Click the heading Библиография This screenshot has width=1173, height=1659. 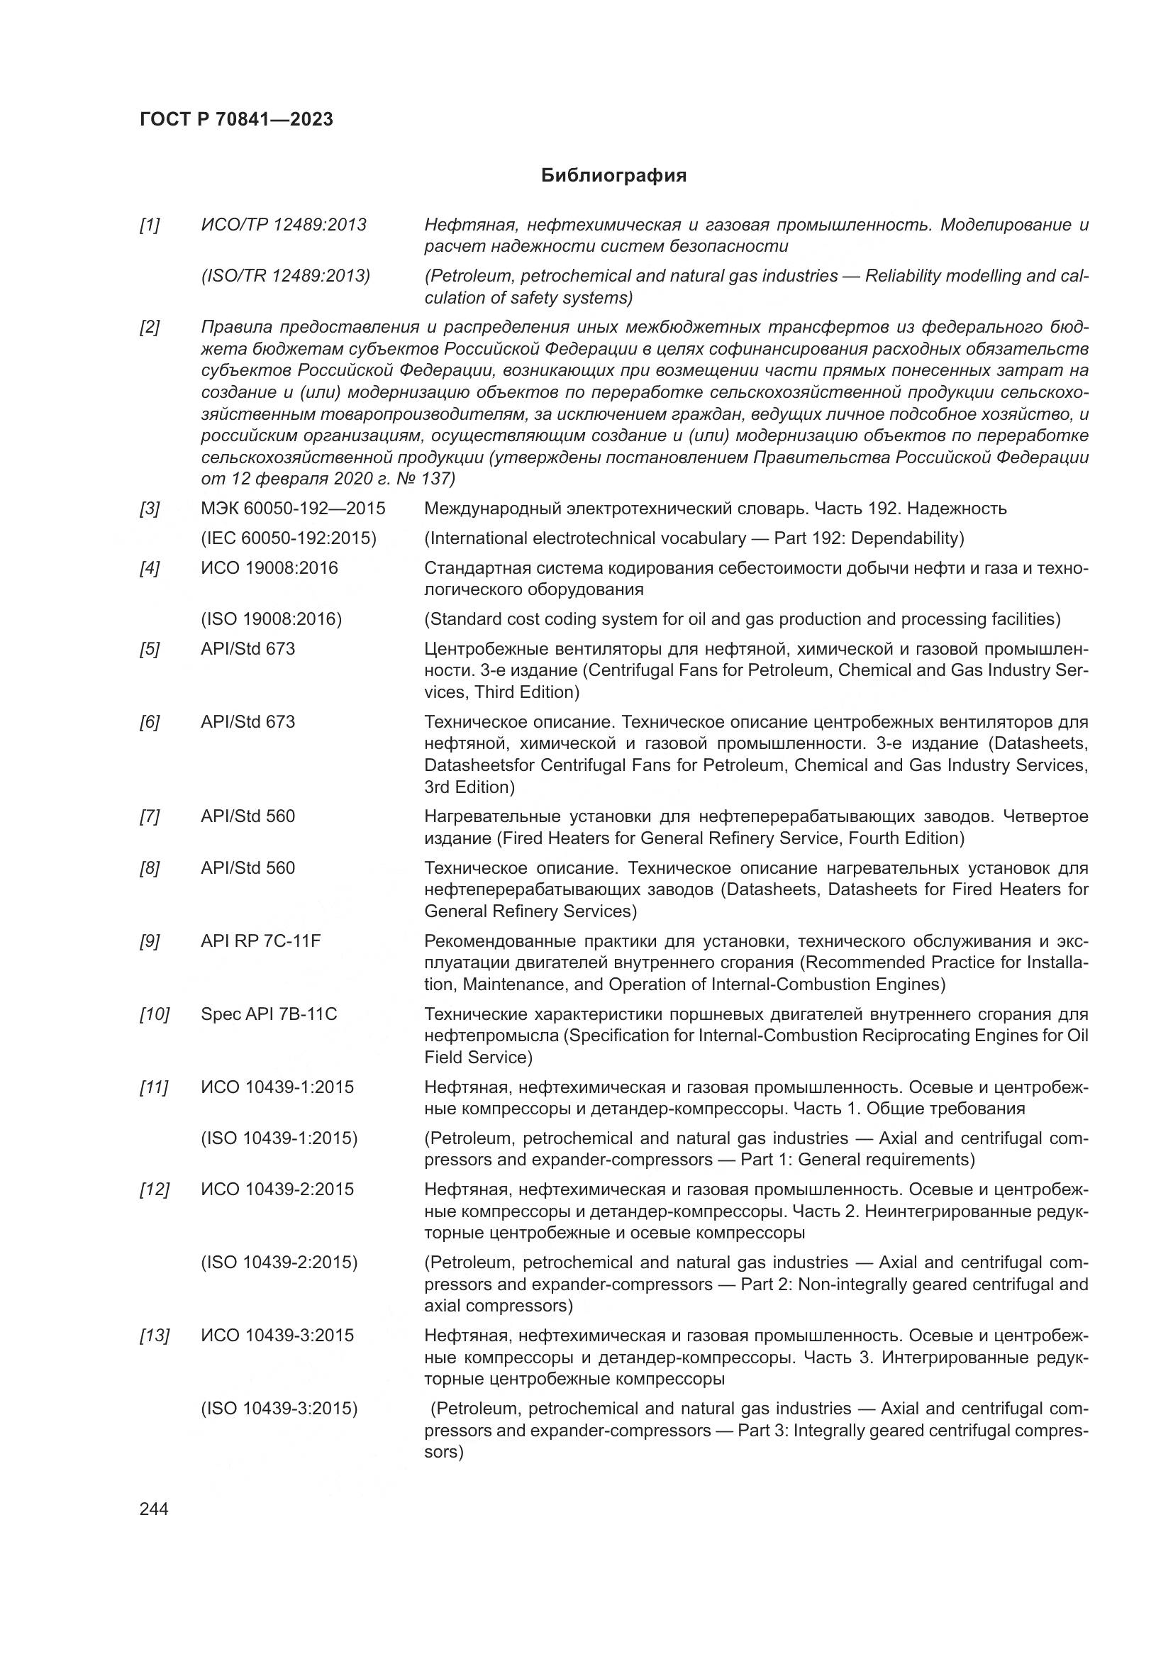pos(613,176)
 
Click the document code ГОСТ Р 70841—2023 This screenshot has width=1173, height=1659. pos(236,120)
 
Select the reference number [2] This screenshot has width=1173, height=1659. pos(150,327)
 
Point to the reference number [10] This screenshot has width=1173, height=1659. pos(154,1014)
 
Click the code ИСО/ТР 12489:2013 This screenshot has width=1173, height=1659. pos(283,225)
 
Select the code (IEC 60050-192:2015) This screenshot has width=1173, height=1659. pos(288,538)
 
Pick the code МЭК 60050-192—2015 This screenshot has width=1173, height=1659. pos(292,509)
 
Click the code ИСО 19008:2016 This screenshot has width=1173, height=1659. pos(269,568)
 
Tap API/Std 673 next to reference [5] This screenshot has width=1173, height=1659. pos(248,649)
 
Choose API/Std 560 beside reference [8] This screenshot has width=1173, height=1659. pos(248,867)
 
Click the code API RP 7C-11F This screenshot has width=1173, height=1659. pos(260,941)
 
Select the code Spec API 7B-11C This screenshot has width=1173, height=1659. pos(269,1014)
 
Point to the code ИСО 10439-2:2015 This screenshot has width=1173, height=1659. pos(277,1189)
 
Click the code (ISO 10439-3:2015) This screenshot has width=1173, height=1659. pos(279,1409)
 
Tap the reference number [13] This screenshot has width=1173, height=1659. pos(154,1336)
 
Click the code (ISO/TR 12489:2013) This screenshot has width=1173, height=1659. pos(285,276)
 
